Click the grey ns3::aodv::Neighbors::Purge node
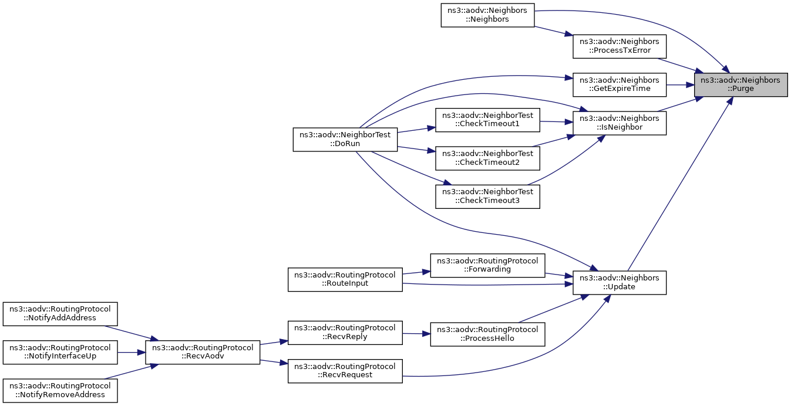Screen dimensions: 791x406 [741, 84]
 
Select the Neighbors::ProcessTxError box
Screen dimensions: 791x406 [620, 46]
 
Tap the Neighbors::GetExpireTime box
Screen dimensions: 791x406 [620, 84]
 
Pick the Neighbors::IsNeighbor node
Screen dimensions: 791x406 [620, 123]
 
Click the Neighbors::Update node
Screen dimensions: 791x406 [620, 283]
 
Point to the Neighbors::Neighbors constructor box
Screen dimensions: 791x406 [487, 15]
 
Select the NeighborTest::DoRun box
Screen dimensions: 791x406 [345, 140]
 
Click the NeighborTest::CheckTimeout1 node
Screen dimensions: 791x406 [487, 120]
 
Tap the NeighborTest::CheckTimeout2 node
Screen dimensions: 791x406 [487, 158]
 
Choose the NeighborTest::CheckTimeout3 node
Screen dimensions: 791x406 [487, 197]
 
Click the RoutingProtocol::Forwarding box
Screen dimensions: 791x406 [487, 265]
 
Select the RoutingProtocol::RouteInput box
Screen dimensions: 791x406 [345, 279]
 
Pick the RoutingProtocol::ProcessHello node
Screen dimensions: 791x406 [487, 334]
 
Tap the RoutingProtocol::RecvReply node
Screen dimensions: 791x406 [345, 333]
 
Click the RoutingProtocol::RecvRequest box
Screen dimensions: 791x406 [345, 371]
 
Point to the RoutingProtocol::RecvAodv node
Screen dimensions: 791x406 [203, 353]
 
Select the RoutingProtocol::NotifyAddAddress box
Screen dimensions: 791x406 [60, 314]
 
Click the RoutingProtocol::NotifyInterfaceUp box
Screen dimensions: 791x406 [60, 353]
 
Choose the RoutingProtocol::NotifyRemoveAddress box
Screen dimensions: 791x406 [60, 391]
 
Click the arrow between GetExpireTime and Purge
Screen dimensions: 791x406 [680, 85]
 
